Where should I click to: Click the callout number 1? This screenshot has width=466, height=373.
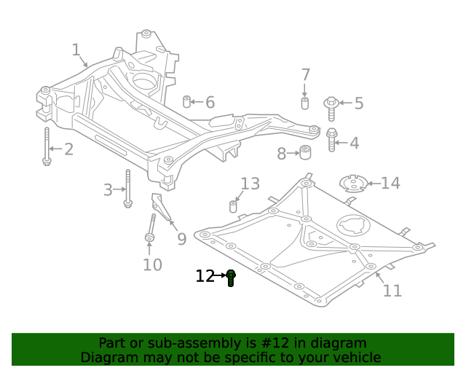[76, 50]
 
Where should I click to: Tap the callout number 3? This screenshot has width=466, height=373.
[108, 190]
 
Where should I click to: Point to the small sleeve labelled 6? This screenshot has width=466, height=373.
[186, 101]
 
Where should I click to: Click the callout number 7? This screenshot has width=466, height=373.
[305, 74]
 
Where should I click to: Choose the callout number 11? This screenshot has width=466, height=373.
[392, 291]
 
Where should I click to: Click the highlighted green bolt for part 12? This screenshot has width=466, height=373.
[231, 278]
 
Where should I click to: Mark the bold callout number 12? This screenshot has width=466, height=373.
[205, 276]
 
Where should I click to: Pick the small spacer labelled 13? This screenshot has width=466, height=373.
[234, 205]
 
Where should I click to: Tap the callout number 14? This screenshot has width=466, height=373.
[390, 183]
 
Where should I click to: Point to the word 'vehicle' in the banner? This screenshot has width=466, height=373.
[355, 358]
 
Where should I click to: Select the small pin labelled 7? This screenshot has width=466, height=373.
[305, 103]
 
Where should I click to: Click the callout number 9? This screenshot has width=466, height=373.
[181, 238]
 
